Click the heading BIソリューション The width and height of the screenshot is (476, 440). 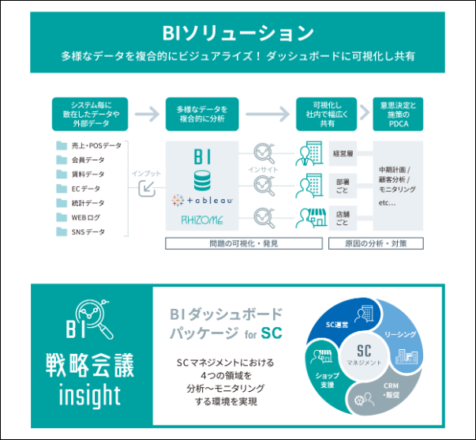pyautogui.click(x=238, y=32)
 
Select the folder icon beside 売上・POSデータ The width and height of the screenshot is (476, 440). pyautogui.click(x=61, y=146)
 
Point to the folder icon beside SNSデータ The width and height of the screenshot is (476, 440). pyautogui.click(x=61, y=231)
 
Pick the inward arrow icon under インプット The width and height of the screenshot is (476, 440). pyautogui.click(x=146, y=186)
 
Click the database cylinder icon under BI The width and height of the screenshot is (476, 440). pyautogui.click(x=202, y=175)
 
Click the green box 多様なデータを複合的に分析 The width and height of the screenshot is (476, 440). pyautogui.click(x=201, y=113)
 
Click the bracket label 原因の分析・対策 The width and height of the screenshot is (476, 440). pyautogui.click(x=379, y=243)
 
